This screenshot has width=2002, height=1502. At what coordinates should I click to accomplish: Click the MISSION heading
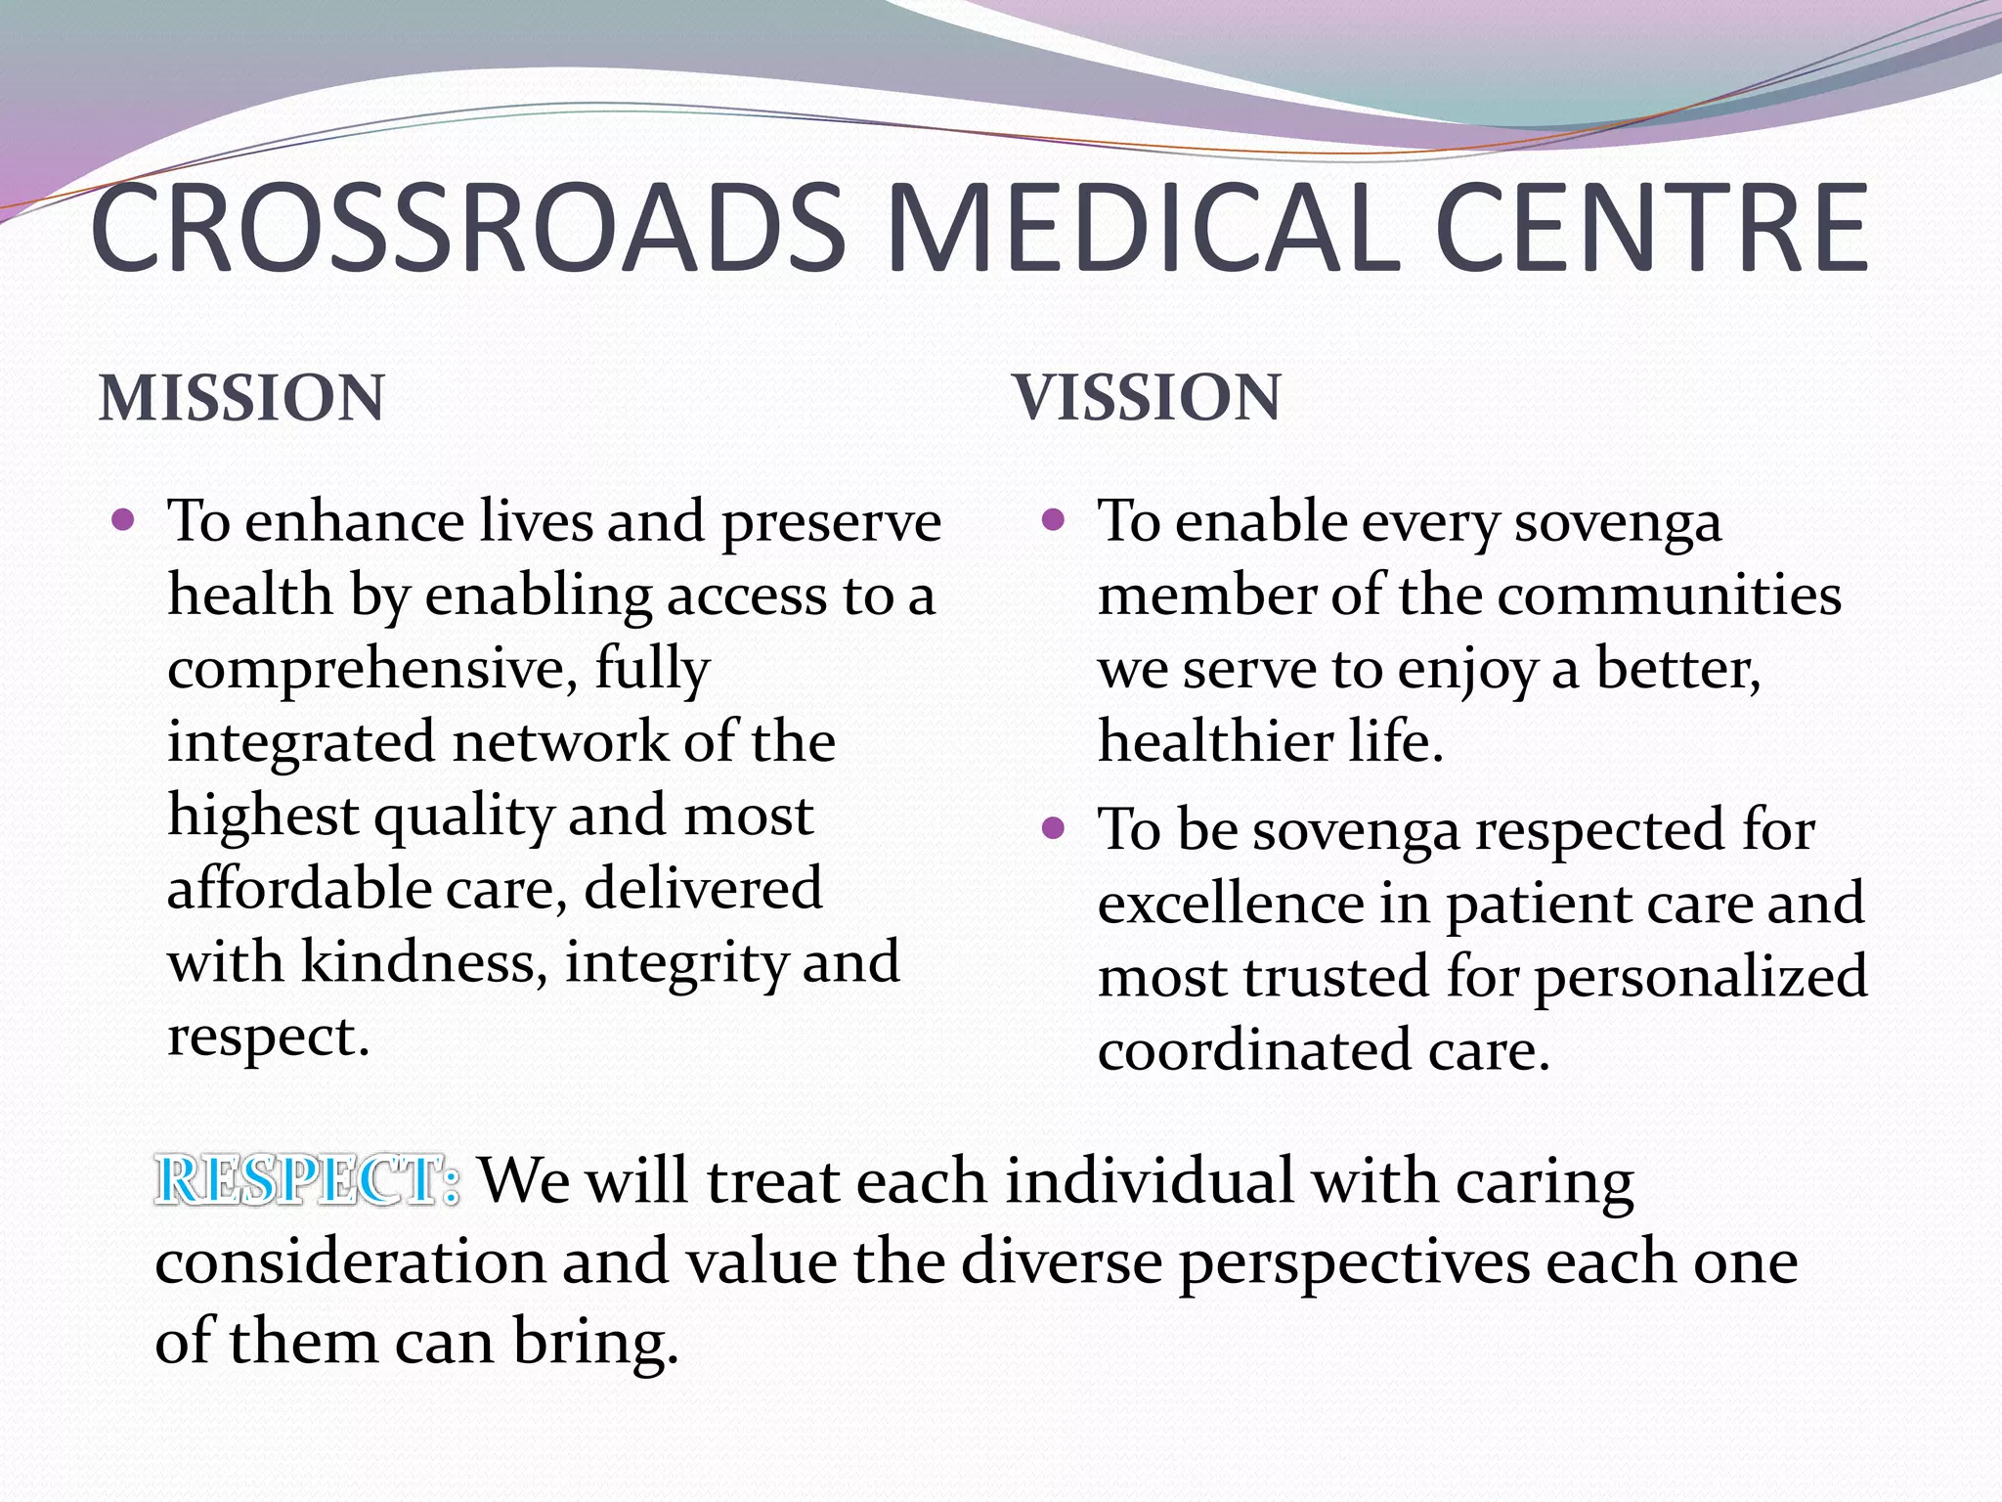(x=241, y=398)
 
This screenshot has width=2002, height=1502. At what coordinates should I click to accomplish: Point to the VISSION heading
(x=1147, y=397)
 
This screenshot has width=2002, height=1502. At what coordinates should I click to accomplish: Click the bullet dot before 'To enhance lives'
(x=123, y=519)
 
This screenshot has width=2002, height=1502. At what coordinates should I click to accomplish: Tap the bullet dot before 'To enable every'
(x=1053, y=519)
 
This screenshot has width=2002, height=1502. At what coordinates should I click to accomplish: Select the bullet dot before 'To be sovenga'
(x=1053, y=829)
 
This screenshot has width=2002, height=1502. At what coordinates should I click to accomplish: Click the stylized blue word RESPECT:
(x=307, y=1179)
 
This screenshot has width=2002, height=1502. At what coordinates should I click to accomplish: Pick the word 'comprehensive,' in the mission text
(x=372, y=670)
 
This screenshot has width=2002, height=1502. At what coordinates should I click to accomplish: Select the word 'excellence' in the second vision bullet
(x=1231, y=904)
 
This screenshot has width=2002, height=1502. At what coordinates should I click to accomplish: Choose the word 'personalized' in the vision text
(x=1700, y=977)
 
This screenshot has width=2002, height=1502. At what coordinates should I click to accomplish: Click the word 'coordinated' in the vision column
(x=1254, y=1050)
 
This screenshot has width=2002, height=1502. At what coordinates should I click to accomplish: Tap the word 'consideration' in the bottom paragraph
(x=350, y=1261)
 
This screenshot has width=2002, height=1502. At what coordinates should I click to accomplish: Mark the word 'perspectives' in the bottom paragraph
(x=1353, y=1263)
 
